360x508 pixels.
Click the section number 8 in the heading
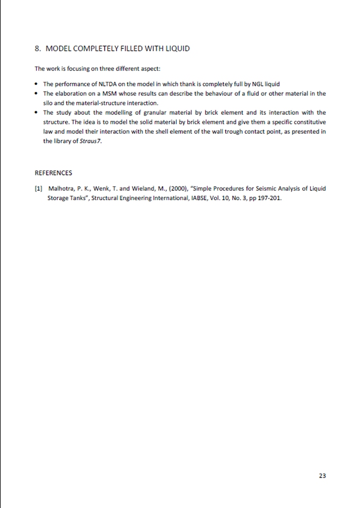(37, 49)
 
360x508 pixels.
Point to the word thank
(187, 84)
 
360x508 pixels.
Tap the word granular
(142, 112)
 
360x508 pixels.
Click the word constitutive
(310, 122)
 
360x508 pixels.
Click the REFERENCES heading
(53, 173)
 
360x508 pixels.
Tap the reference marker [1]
(38, 188)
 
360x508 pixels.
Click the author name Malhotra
(61, 188)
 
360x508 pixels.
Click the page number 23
(322, 476)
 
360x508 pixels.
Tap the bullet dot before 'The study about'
(36, 113)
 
